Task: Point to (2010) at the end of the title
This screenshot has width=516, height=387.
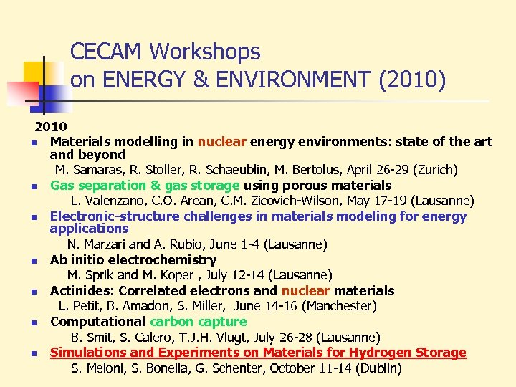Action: point(411,80)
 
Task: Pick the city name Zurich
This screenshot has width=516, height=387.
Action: point(434,170)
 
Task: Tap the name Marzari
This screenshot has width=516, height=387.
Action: point(100,244)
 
